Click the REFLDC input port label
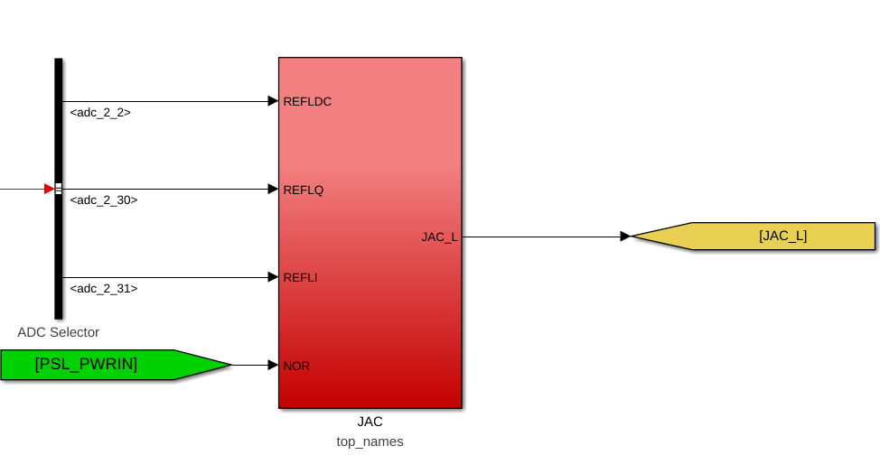click(307, 101)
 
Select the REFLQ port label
click(303, 190)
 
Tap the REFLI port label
click(300, 278)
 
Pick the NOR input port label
click(296, 367)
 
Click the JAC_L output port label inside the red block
click(439, 237)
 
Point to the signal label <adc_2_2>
click(100, 113)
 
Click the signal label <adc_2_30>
click(104, 200)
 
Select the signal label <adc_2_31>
click(104, 289)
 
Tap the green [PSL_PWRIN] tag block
click(117, 365)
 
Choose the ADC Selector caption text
click(59, 333)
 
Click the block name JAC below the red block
click(370, 422)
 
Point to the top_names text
click(370, 442)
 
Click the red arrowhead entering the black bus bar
click(50, 189)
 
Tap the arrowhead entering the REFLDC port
click(274, 101)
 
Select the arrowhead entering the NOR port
click(274, 366)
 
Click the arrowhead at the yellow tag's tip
click(626, 237)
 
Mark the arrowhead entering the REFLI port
click(274, 277)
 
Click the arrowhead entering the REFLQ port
click(274, 189)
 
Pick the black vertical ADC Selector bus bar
click(59, 189)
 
